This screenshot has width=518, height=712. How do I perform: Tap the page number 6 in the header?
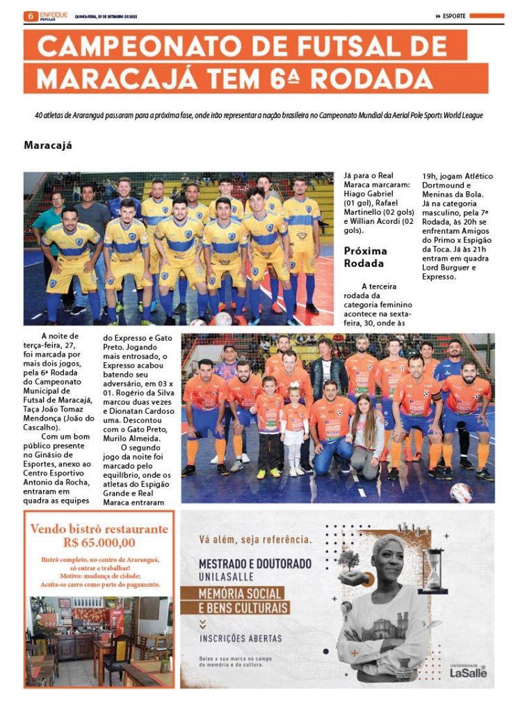click(30, 15)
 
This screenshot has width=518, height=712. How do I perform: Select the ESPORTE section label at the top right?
click(455, 16)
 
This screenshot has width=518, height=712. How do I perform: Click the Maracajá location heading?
click(48, 146)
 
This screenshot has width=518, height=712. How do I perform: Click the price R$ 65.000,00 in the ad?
click(99, 543)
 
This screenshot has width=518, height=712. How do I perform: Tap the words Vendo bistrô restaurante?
click(99, 528)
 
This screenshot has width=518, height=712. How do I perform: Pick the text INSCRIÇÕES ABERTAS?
click(241, 638)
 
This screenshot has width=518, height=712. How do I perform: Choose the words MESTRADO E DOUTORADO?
click(255, 563)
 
